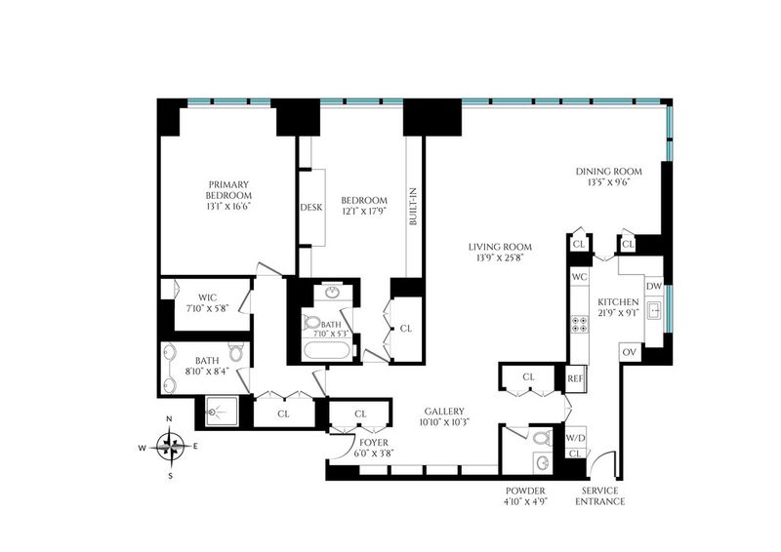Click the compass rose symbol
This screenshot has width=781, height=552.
tap(170, 447)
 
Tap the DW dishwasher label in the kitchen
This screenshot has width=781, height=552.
tap(653, 286)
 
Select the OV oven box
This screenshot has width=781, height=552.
tap(630, 352)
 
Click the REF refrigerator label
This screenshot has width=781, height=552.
tap(575, 378)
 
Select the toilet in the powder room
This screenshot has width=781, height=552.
tap(542, 439)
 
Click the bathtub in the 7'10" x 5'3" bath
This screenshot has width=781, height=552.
tap(327, 350)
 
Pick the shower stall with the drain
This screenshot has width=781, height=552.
tap(223, 412)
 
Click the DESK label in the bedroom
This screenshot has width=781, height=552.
tap(311, 208)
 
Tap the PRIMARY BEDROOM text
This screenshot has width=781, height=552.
tap(228, 189)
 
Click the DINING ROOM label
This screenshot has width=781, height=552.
tap(608, 172)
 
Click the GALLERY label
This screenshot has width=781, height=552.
tap(444, 412)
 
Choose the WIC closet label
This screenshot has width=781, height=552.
tap(207, 297)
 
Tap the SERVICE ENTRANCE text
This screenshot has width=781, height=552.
tap(599, 496)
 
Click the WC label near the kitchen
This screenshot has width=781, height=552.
tap(579, 277)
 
